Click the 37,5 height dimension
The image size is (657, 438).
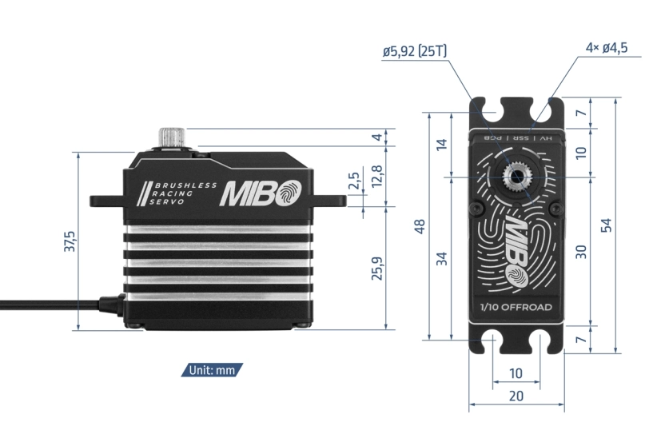point(69,241)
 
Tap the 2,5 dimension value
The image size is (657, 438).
point(353,181)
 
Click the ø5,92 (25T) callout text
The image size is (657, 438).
point(414,51)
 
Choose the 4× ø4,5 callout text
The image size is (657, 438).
point(606,48)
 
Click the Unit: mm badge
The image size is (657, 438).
point(213,370)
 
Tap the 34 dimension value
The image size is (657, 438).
point(442,258)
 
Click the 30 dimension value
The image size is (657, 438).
point(582,251)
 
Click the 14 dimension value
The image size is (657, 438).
point(442,144)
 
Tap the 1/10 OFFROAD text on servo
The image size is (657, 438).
point(516,307)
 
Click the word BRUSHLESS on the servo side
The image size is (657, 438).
point(185,185)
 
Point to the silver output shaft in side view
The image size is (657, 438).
point(172,137)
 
